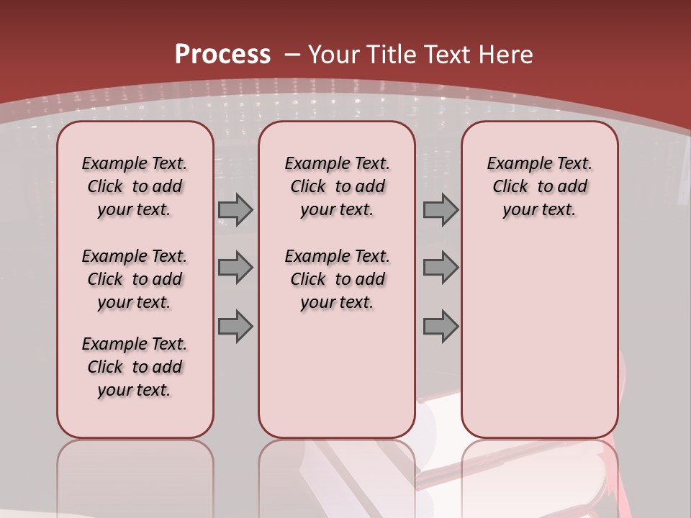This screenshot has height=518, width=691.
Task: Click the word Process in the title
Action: coord(222,55)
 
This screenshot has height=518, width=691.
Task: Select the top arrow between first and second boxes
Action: coord(235,210)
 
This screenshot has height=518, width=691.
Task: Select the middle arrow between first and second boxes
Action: coord(235,268)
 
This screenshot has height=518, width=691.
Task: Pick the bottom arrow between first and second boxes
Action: coord(235,327)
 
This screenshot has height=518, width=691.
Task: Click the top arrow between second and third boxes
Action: coord(441,210)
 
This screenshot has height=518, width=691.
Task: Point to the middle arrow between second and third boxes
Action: coord(441,268)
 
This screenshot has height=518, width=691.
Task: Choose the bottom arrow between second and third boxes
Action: coord(441,327)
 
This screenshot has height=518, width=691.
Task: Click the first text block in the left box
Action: coord(135,186)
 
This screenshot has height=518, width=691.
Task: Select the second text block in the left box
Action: coord(135,279)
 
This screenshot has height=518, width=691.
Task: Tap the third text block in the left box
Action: coord(135,367)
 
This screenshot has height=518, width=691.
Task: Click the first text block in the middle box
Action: coord(338,186)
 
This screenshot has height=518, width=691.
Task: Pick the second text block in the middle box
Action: coord(338,279)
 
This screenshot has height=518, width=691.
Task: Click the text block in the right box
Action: coord(540,186)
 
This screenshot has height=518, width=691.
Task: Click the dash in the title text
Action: coord(292,55)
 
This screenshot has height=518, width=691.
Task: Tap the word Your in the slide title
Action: coord(334,55)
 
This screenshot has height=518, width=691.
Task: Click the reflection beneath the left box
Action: coord(135,475)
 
